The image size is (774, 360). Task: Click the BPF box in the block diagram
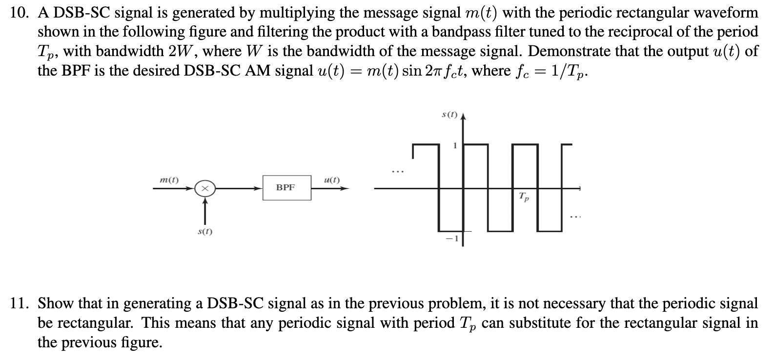point(286,187)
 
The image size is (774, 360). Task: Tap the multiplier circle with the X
point(205,188)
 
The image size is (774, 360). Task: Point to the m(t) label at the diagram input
point(169,180)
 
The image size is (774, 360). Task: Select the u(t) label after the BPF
point(332,180)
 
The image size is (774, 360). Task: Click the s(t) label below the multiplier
point(204,232)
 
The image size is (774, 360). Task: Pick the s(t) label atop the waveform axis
point(449,115)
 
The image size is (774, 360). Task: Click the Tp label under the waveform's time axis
point(523,198)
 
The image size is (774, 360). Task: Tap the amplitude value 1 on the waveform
point(455,145)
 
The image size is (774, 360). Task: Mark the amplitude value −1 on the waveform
point(452,238)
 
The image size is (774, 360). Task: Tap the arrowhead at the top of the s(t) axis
point(463,117)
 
